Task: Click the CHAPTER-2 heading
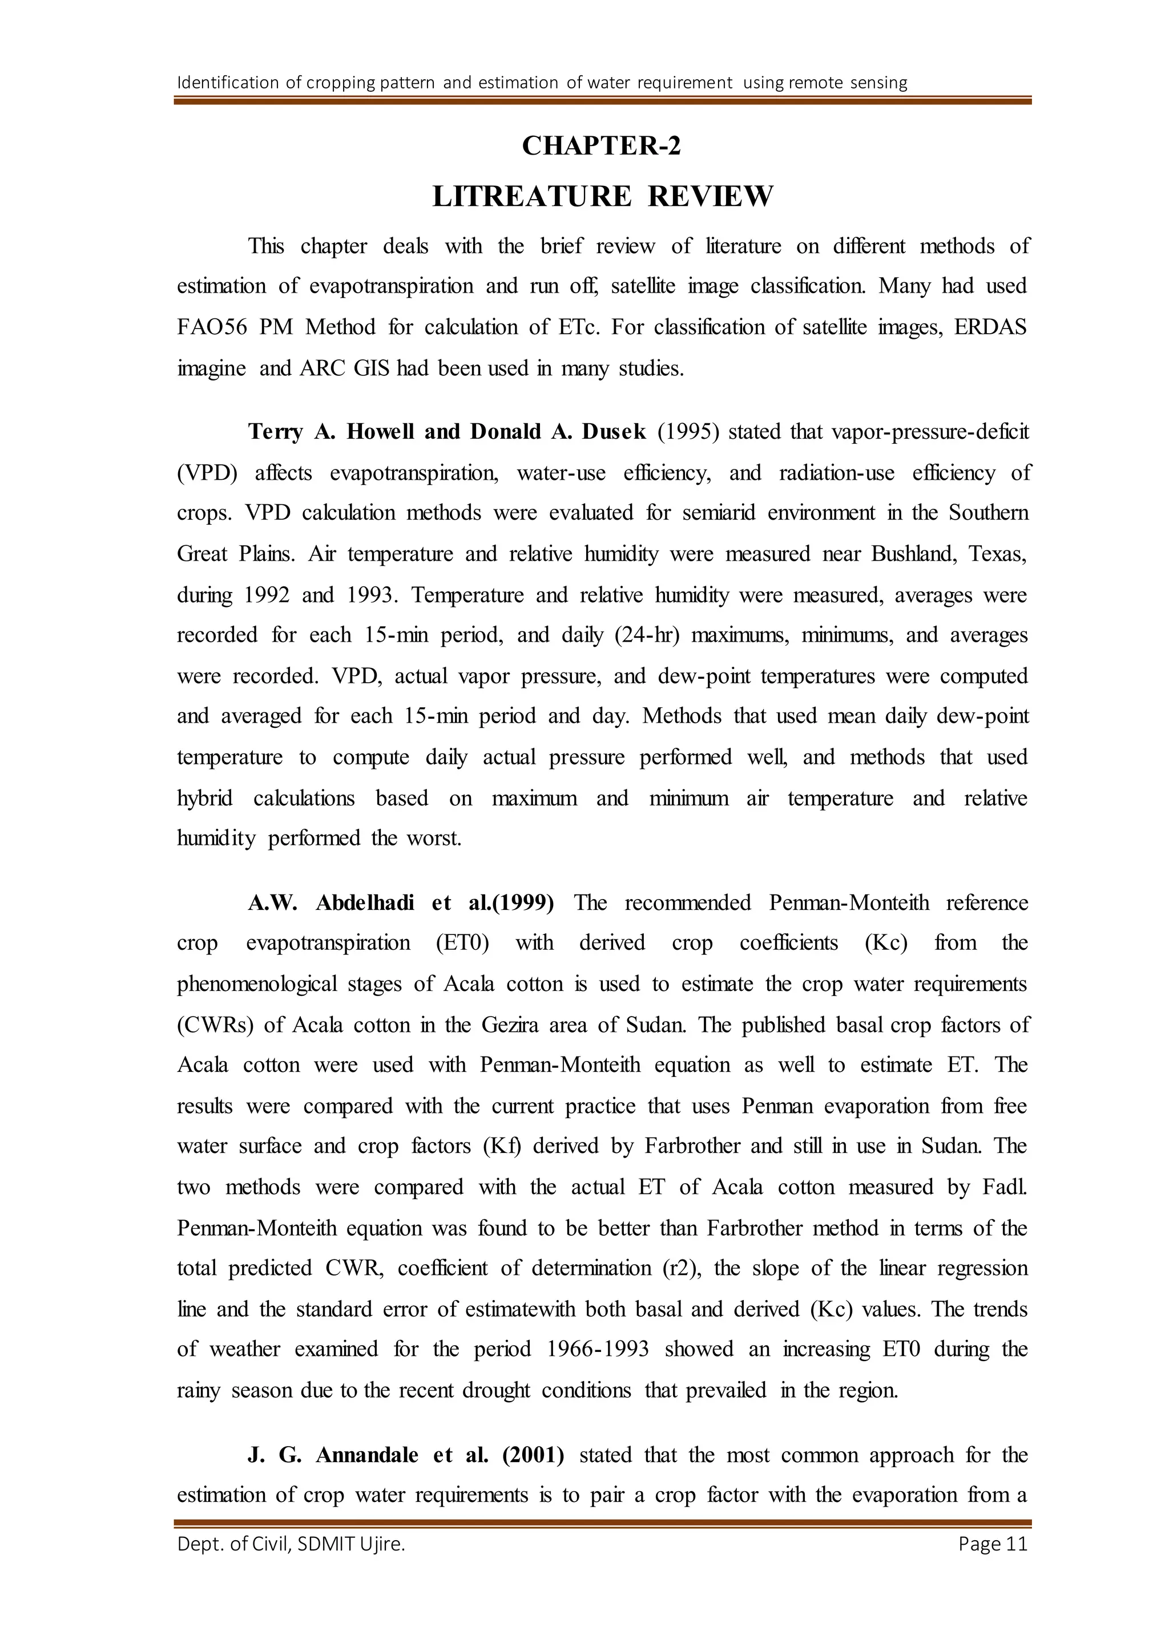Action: pyautogui.click(x=601, y=146)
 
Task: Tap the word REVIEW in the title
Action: pyautogui.click(x=711, y=196)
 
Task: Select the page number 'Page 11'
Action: pyautogui.click(x=993, y=1544)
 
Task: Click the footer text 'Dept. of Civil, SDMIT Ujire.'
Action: pyautogui.click(x=291, y=1544)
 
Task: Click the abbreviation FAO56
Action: pyautogui.click(x=212, y=327)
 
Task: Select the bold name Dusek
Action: pyautogui.click(x=613, y=432)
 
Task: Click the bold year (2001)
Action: pyautogui.click(x=533, y=1455)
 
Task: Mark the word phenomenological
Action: pyautogui.click(x=256, y=984)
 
